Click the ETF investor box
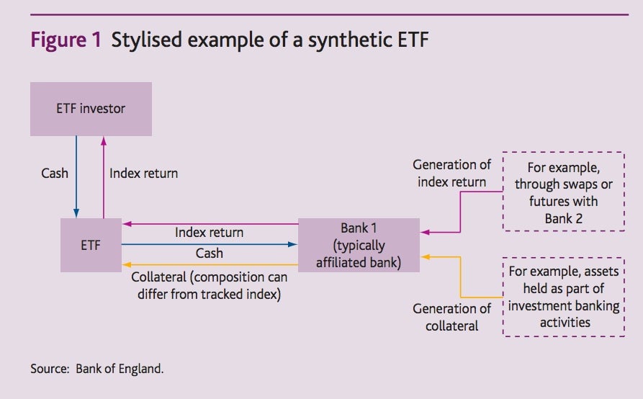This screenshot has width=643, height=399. [91, 109]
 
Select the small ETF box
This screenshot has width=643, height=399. [91, 245]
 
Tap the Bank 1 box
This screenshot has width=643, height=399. [359, 245]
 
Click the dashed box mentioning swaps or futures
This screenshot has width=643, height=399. [564, 192]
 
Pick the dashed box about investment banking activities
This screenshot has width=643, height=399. [564, 297]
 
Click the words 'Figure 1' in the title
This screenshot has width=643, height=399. [66, 40]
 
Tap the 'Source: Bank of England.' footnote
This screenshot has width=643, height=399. [96, 369]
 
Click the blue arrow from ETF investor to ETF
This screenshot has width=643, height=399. [76, 176]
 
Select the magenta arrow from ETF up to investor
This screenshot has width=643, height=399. [104, 177]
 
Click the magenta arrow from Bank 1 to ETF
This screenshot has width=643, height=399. [210, 224]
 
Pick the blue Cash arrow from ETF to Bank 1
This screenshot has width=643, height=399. [210, 244]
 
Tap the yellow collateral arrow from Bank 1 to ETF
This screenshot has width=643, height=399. [210, 265]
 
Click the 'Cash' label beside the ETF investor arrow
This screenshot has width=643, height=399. [55, 173]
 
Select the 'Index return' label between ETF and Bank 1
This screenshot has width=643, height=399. [209, 233]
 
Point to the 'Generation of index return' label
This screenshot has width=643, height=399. [451, 173]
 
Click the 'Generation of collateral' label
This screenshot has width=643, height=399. [451, 317]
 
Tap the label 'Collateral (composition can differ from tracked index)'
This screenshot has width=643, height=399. [209, 285]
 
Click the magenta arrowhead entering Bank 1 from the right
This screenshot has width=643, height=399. [425, 232]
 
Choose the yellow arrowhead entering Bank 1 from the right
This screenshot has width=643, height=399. [425, 256]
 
